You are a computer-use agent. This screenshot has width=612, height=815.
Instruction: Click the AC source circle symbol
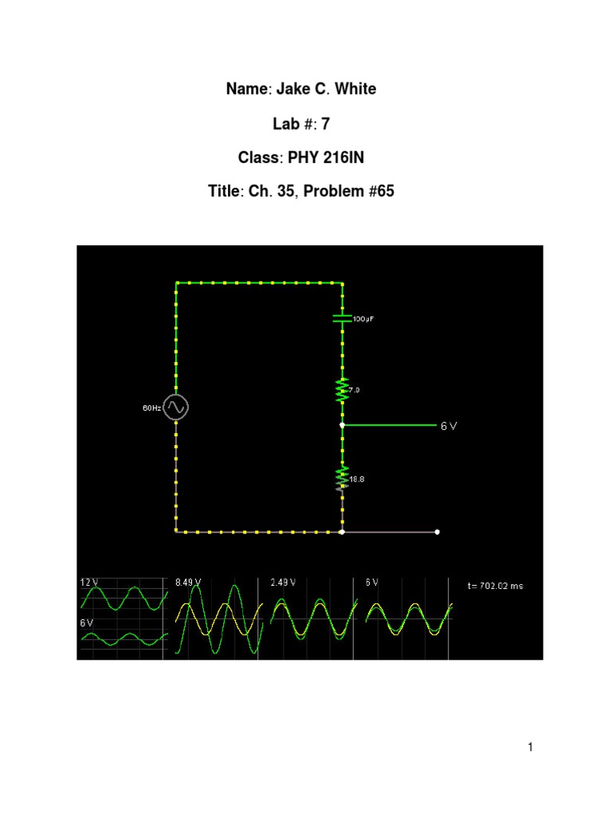pyautogui.click(x=176, y=407)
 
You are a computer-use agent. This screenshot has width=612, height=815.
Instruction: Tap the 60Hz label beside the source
pyautogui.click(x=151, y=408)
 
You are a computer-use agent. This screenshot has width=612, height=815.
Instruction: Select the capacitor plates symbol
pyautogui.click(x=342, y=318)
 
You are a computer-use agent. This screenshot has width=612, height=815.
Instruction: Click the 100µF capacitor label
pyautogui.click(x=363, y=318)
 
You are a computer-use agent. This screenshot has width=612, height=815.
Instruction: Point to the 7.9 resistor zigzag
pyautogui.click(x=342, y=390)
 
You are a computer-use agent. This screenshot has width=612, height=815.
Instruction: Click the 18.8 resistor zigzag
pyautogui.click(x=342, y=478)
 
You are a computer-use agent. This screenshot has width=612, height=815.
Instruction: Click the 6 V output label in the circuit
pyautogui.click(x=449, y=426)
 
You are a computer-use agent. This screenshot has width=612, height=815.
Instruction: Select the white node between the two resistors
pyautogui.click(x=342, y=426)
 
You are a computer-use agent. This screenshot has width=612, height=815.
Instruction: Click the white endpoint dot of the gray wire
pyautogui.click(x=437, y=531)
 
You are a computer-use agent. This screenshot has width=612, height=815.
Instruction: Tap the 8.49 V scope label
pyautogui.click(x=188, y=583)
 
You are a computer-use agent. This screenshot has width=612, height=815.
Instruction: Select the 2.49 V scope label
pyautogui.click(x=283, y=583)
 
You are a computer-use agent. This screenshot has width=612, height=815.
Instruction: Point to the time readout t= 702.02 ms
pyautogui.click(x=496, y=586)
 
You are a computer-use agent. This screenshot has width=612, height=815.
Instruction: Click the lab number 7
pyautogui.click(x=325, y=123)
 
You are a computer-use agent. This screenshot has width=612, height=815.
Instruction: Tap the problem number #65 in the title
pyautogui.click(x=381, y=192)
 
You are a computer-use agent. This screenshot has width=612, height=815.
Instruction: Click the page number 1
pyautogui.click(x=529, y=747)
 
